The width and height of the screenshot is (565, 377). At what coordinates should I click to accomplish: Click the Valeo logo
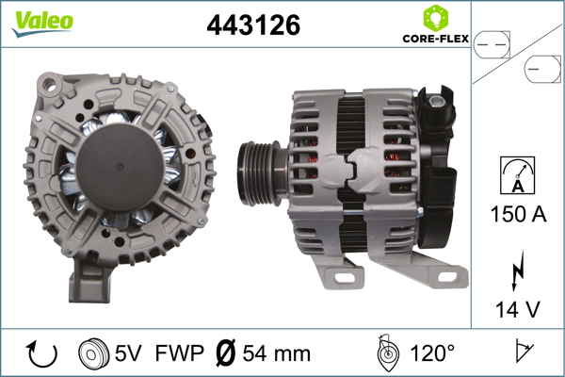pyautogui.click(x=42, y=24)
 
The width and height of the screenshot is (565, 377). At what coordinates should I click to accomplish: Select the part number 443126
pyautogui.click(x=253, y=25)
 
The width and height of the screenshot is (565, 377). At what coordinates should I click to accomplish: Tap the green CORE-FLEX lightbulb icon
pyautogui.click(x=436, y=18)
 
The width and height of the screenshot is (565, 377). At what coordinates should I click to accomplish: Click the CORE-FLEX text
pyautogui.click(x=436, y=39)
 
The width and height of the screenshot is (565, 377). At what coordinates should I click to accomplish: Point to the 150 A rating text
pyautogui.click(x=518, y=214)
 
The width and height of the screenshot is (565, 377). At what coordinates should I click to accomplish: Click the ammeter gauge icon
pyautogui.click(x=518, y=175)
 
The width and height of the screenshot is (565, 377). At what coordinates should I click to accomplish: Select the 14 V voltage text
pyautogui.click(x=517, y=309)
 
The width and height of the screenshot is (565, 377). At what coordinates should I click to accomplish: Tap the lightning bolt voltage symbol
pyautogui.click(x=517, y=270)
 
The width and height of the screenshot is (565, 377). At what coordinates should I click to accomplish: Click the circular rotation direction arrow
pyautogui.click(x=41, y=353)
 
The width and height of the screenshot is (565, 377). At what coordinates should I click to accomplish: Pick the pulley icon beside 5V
pyautogui.click(x=93, y=353)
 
